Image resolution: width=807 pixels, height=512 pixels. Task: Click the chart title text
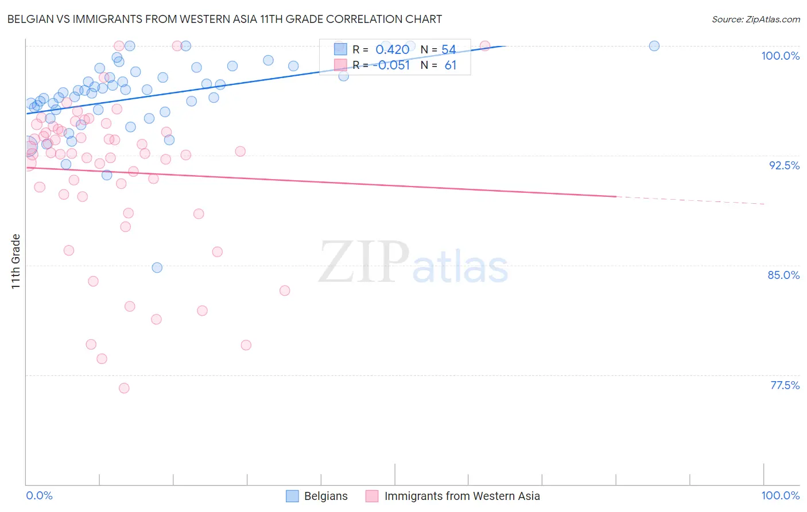click(224, 19)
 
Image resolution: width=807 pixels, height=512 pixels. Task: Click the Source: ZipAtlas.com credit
click(755, 19)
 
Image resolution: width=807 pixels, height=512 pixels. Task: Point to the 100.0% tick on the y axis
click(780, 56)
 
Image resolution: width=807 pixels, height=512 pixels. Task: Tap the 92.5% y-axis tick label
click(784, 165)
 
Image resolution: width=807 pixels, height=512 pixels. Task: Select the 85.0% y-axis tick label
click(783, 275)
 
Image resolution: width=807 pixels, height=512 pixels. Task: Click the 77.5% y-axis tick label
click(785, 385)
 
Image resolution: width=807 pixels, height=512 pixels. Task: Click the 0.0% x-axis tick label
click(39, 495)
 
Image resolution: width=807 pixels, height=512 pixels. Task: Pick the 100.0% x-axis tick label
click(780, 495)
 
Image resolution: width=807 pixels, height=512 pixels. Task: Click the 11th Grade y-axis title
click(16, 261)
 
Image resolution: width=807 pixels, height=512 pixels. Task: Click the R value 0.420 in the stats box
click(392, 50)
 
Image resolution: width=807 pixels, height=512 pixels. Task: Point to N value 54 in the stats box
click(448, 50)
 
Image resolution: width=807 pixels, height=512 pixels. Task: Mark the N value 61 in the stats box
click(450, 65)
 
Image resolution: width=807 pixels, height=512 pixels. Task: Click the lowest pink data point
click(124, 388)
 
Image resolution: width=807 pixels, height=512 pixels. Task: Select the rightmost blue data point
click(654, 46)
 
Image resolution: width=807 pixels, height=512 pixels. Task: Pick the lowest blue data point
click(157, 267)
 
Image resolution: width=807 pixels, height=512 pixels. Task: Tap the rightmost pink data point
click(484, 46)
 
